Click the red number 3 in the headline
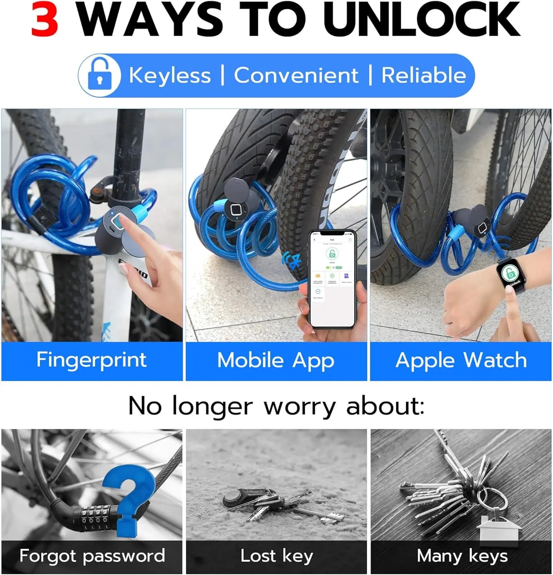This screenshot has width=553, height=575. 45,19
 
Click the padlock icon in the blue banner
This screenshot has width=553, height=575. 100,75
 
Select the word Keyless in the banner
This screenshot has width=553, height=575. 170,75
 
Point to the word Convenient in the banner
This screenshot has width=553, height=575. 296,75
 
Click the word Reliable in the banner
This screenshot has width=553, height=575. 423,75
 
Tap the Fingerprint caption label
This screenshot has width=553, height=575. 92,360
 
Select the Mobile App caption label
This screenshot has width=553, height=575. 276,361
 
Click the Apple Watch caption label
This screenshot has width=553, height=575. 461,361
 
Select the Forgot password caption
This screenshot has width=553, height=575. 92,556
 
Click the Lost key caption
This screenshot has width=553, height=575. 277,556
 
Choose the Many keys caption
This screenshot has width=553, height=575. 462,556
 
